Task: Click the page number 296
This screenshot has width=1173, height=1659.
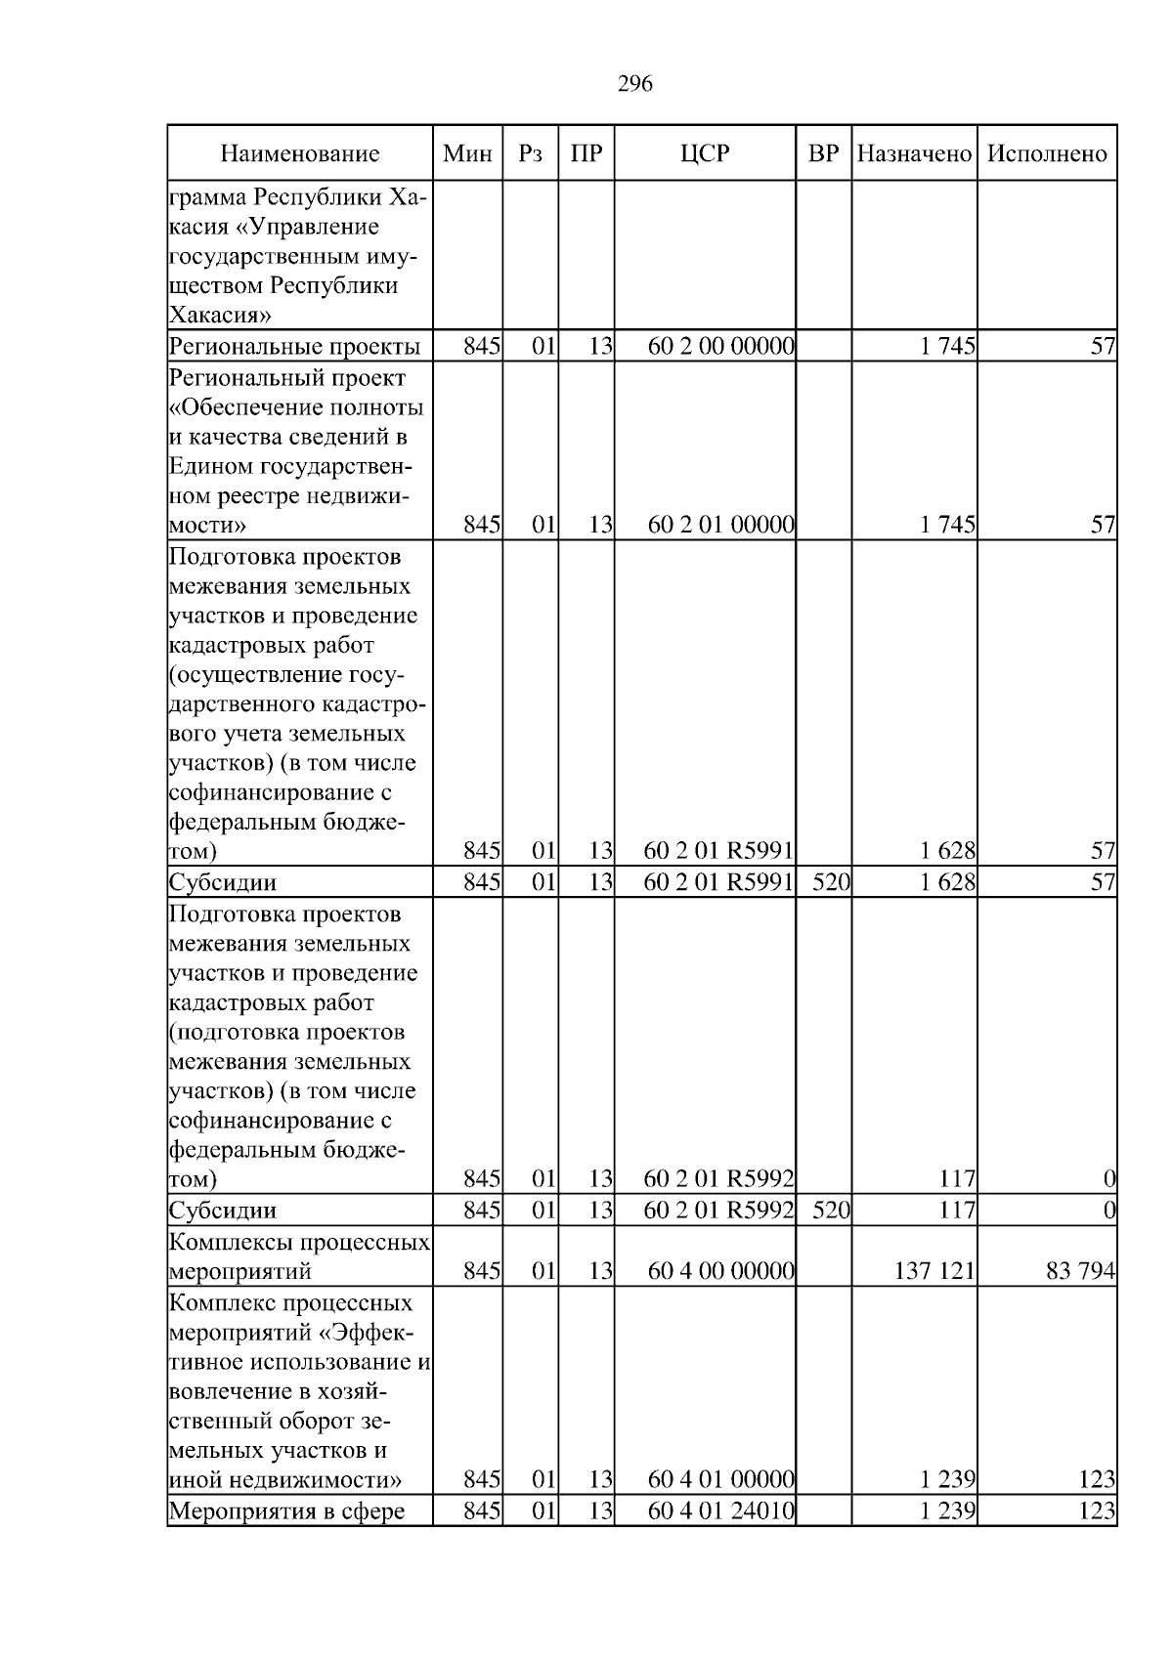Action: coord(635,84)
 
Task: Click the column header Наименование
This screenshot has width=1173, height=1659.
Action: coord(299,153)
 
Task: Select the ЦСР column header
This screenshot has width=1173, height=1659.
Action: coord(705,153)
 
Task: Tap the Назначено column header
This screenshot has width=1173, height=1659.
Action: coord(914,153)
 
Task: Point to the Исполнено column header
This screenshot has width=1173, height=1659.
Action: coord(1047,153)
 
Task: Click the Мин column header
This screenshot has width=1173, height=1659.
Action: coord(467,153)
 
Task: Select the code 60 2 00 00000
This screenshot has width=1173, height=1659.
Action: coord(720,346)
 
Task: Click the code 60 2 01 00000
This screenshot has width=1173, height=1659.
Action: coord(720,525)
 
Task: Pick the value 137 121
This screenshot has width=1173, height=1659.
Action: coord(934,1271)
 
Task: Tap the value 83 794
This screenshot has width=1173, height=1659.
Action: coord(1080,1271)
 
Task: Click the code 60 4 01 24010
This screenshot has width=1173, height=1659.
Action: coord(720,1510)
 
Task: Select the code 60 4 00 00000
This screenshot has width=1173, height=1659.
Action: coord(720,1271)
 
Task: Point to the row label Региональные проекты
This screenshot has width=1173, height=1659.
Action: coord(294,346)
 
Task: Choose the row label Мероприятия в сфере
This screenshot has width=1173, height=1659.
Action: coord(286,1510)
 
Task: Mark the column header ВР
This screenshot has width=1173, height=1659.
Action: coord(823,153)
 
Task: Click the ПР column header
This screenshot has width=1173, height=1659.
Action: coord(586,153)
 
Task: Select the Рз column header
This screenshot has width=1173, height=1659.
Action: coord(530,153)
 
